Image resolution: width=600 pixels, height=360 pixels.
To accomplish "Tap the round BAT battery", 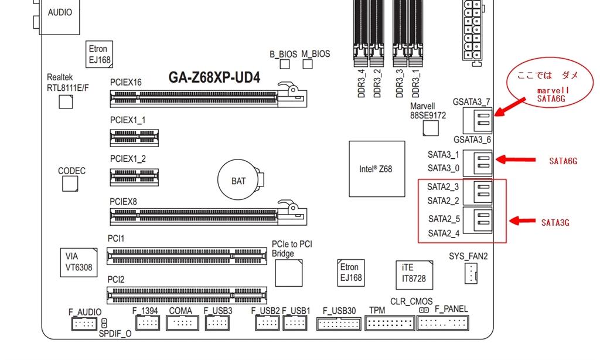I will (x=238, y=181).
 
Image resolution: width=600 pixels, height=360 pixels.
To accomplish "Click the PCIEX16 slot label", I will (x=125, y=82).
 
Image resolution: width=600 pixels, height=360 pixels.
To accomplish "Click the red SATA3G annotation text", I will (x=555, y=223).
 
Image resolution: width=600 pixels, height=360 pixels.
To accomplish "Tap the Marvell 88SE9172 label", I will (x=428, y=111).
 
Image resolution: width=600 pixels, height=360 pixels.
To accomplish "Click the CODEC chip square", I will (x=70, y=184).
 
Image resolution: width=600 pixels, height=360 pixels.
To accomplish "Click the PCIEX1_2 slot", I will (x=134, y=176).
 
